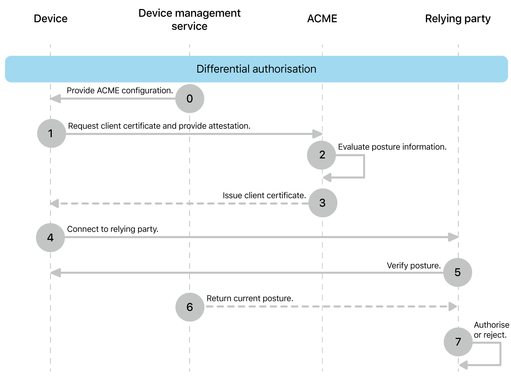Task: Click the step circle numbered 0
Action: pyautogui.click(x=189, y=99)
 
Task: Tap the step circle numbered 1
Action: pyautogui.click(x=51, y=133)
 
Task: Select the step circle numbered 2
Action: pyautogui.click(x=322, y=155)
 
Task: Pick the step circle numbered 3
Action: pyautogui.click(x=322, y=203)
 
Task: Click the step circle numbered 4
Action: pyautogui.click(x=50, y=238)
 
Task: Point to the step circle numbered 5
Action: pyautogui.click(x=457, y=272)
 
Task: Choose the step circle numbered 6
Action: pyautogui.click(x=190, y=307)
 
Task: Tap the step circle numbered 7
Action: pyautogui.click(x=458, y=342)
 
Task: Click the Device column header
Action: pyautogui.click(x=51, y=19)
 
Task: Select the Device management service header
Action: pyautogui.click(x=189, y=20)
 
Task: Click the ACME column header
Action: pyautogui.click(x=322, y=19)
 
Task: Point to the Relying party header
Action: pyautogui.click(x=458, y=19)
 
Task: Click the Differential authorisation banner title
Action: pyautogui.click(x=256, y=69)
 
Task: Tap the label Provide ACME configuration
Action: pyautogui.click(x=120, y=90)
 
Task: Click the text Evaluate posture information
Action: pyautogui.click(x=392, y=147)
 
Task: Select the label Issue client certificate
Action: pyautogui.click(x=264, y=195)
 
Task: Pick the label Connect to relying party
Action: pyautogui.click(x=113, y=229)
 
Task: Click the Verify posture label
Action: pyautogui.click(x=414, y=265)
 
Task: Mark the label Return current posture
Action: pyautogui.click(x=250, y=298)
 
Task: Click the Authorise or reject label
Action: pyautogui.click(x=491, y=330)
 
